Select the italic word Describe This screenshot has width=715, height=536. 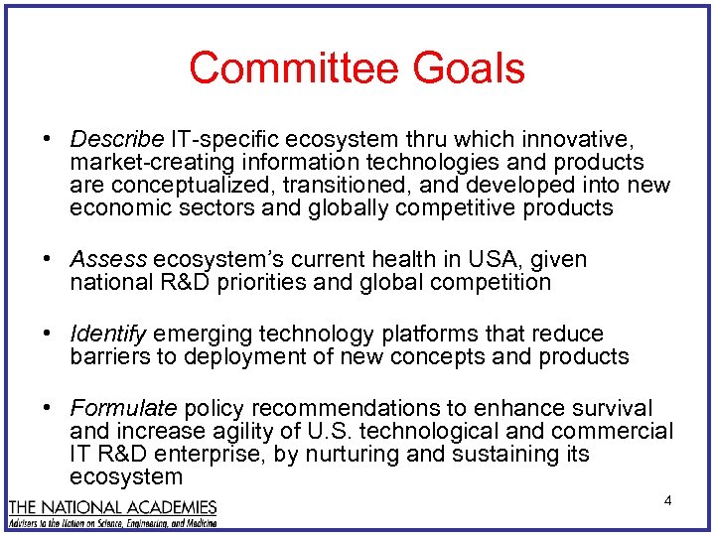point(116,138)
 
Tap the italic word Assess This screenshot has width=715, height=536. point(108,259)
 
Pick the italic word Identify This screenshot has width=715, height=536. point(108,334)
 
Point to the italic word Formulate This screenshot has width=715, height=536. point(123,408)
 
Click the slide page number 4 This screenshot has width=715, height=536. point(667,500)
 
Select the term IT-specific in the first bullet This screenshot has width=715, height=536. point(218,138)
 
